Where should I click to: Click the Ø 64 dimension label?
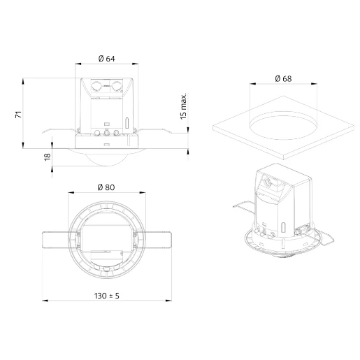pyautogui.click(x=106, y=59)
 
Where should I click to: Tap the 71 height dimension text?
pyautogui.click(x=19, y=115)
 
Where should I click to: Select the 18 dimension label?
pyautogui.click(x=48, y=157)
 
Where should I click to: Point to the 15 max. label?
pyautogui.click(x=183, y=106)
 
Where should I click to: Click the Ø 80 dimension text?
pyautogui.click(x=106, y=187)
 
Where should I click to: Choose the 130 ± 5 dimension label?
pyautogui.click(x=107, y=296)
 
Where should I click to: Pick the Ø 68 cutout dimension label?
pyautogui.click(x=283, y=78)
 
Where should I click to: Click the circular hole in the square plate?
pyautogui.click(x=283, y=125)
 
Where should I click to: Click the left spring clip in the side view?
pyautogui.click(x=59, y=131)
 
